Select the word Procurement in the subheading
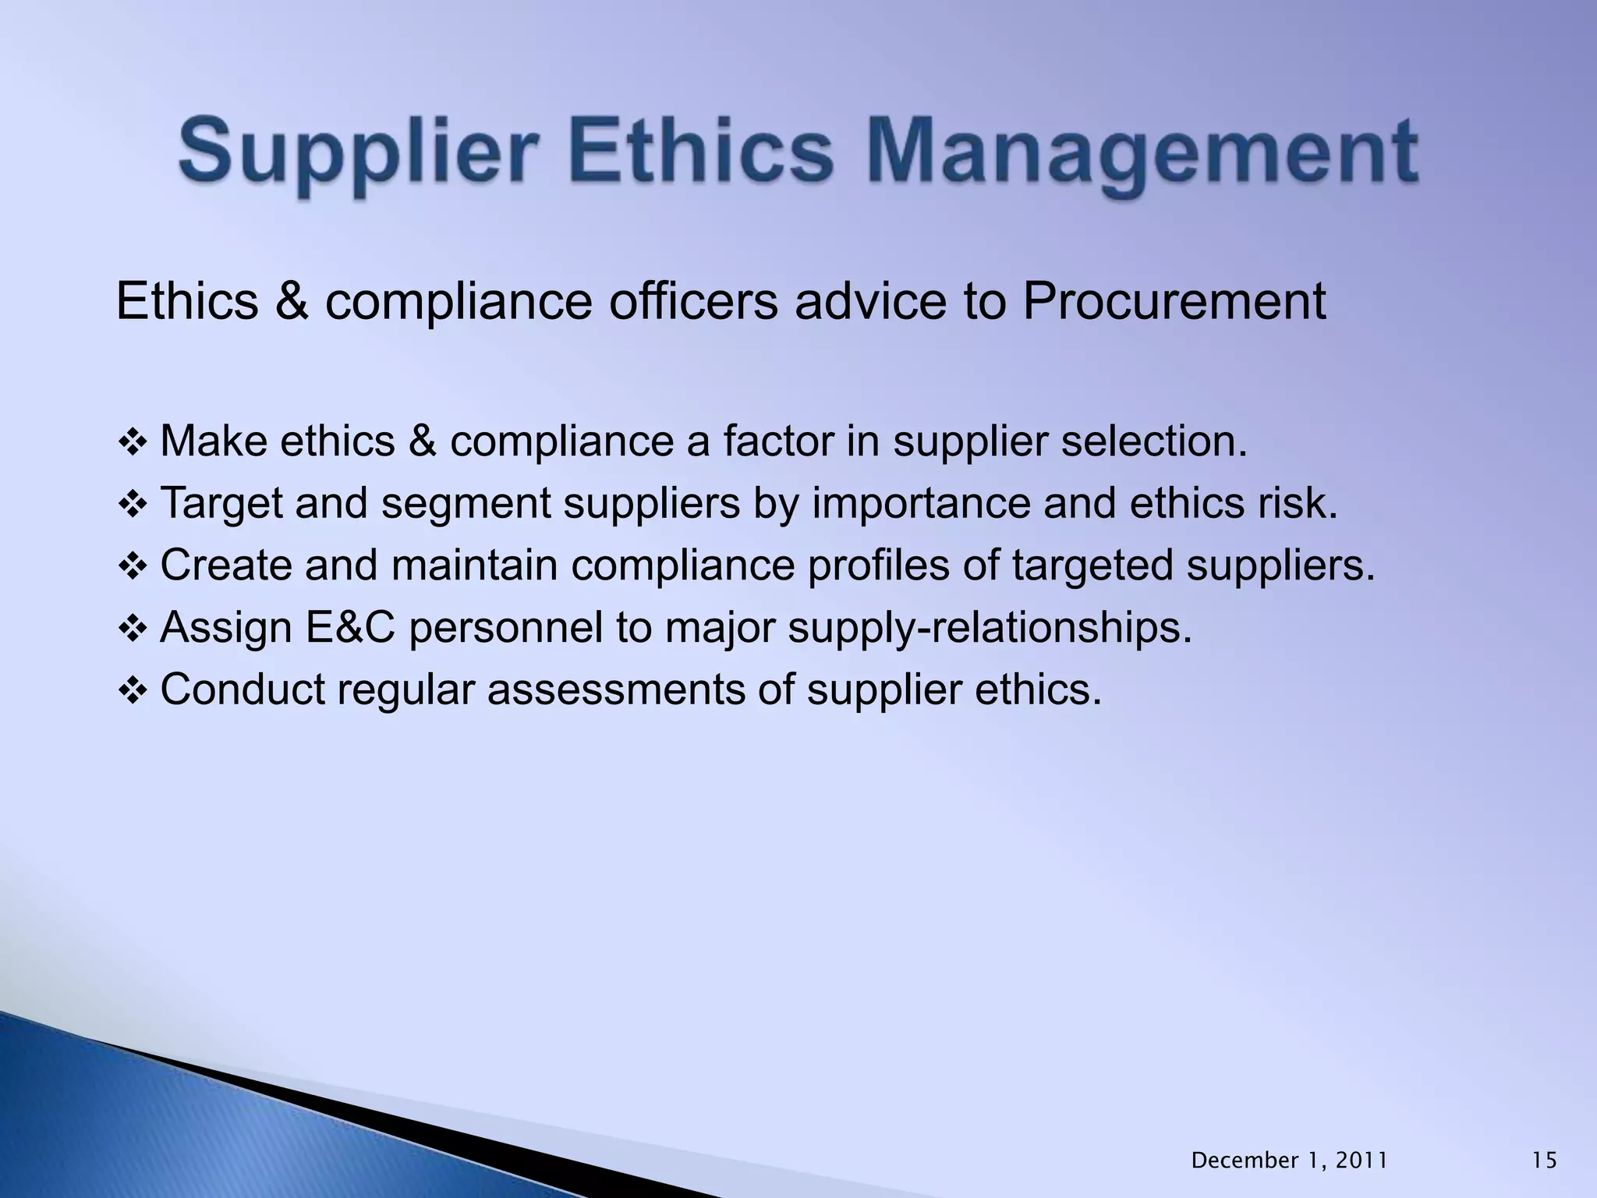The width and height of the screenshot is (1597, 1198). coord(1174,302)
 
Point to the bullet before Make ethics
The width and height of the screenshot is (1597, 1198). coord(132,443)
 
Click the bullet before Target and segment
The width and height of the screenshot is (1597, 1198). coord(132,505)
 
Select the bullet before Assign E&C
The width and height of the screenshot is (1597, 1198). coord(132,629)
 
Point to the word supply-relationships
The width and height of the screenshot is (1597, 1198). coord(990,629)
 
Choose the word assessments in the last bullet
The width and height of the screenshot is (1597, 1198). coord(616,690)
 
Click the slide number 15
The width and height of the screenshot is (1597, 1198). coord(1544,1161)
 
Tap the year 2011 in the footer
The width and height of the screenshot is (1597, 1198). coord(1362,1161)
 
